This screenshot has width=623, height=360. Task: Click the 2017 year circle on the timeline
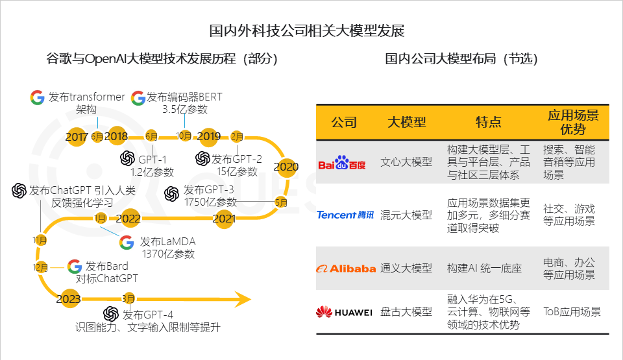(x=77, y=137)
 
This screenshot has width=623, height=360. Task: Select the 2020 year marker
(x=286, y=167)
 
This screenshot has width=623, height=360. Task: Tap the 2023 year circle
(x=68, y=299)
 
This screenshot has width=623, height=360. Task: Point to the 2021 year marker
(x=224, y=219)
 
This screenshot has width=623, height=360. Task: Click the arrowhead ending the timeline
(x=242, y=299)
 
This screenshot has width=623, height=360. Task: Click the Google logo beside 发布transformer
(x=38, y=97)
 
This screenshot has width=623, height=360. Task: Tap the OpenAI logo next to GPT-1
(x=128, y=158)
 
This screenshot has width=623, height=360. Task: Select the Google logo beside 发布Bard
(x=74, y=266)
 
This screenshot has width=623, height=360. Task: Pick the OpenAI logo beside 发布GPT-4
(x=111, y=314)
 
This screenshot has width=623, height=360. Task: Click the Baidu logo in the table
(x=342, y=163)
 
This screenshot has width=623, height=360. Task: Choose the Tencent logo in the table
(x=345, y=215)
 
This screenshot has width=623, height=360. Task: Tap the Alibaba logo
(x=346, y=269)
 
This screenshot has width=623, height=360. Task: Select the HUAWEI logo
(x=344, y=312)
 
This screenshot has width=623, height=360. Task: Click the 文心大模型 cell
(x=406, y=162)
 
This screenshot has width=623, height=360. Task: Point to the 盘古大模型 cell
(x=406, y=312)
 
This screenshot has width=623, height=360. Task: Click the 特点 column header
(x=488, y=122)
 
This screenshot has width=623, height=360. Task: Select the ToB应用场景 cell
(x=572, y=312)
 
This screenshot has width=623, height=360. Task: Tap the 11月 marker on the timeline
(x=40, y=240)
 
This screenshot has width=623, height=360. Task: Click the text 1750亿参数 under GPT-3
(x=210, y=202)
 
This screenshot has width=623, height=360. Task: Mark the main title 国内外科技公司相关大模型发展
(x=307, y=30)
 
